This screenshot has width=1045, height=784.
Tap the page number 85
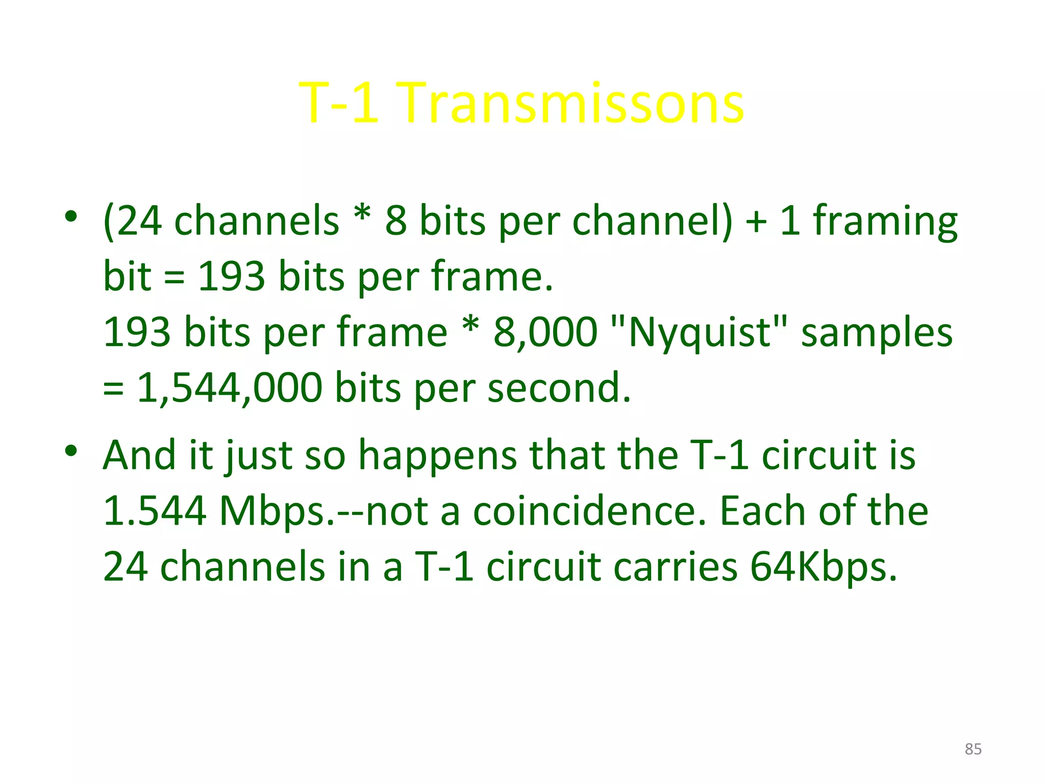tap(973, 749)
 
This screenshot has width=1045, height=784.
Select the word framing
tap(885, 222)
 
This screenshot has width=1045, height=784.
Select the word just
tap(259, 455)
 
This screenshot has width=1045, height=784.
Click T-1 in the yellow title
tap(339, 103)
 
